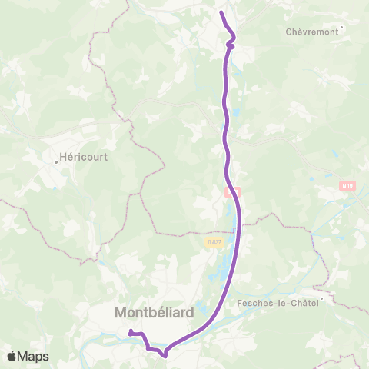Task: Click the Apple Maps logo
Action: point(28,356)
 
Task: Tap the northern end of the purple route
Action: point(221,12)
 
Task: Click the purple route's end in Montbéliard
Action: point(130,331)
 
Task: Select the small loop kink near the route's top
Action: point(230,45)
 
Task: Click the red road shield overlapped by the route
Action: point(233,191)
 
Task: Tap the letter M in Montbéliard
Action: point(121,313)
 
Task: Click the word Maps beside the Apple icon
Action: point(34,356)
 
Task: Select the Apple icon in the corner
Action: point(12,356)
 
